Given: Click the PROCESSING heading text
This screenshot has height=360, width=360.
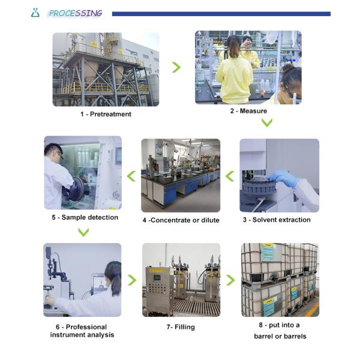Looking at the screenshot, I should [x=76, y=13].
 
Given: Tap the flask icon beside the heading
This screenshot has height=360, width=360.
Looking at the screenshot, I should [x=35, y=13].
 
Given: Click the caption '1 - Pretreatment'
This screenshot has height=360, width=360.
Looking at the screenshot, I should [x=106, y=114].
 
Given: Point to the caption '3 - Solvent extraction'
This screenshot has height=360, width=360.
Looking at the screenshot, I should [x=277, y=220].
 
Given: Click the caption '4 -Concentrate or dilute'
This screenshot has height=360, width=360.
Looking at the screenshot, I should [x=181, y=220].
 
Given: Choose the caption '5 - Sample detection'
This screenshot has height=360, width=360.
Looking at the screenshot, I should [x=82, y=217].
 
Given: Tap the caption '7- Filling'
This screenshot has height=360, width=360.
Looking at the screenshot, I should [x=181, y=327].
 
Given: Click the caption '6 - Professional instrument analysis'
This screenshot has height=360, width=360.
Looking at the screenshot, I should [x=82, y=331].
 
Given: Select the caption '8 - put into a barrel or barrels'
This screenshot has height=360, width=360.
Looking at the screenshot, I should [x=280, y=331].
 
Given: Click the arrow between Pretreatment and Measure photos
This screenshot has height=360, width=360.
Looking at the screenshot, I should [x=176, y=67].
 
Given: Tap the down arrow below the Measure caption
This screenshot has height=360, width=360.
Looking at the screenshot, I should [x=267, y=122].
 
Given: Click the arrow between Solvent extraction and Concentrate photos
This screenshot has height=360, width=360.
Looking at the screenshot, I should [x=230, y=175].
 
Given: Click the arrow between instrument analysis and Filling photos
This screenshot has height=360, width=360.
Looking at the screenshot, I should [x=131, y=280].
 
